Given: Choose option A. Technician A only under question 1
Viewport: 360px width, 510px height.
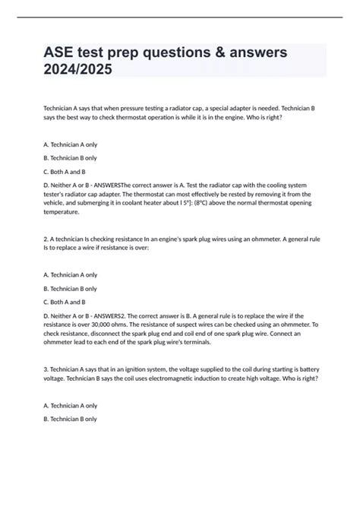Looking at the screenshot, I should [71, 144].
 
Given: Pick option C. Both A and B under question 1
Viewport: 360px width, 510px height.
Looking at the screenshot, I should [65, 171].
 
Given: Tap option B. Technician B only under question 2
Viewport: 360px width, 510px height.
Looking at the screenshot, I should [71, 289].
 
